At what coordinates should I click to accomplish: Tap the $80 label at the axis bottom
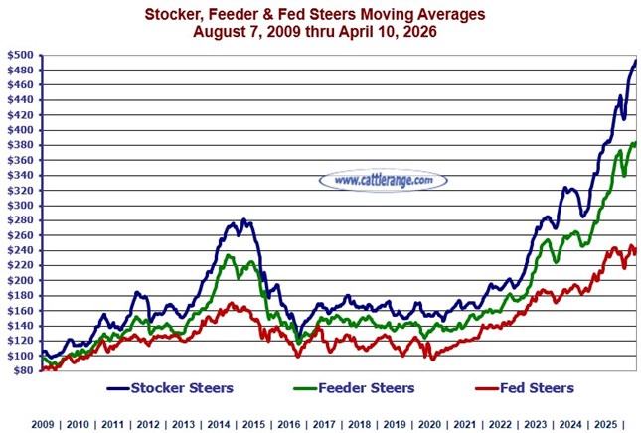[22, 370]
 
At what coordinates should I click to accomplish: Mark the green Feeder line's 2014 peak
[229, 256]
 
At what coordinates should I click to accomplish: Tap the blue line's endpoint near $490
[635, 62]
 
